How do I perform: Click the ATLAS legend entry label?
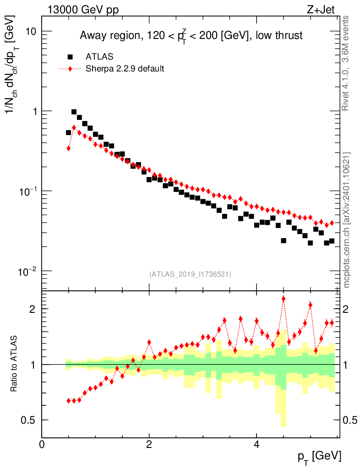[x=99, y=57]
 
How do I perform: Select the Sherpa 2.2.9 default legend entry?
[x=125, y=69]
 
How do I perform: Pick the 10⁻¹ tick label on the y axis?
[x=27, y=191]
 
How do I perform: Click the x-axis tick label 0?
[x=42, y=444]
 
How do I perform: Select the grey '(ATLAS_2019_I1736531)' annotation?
[x=190, y=274]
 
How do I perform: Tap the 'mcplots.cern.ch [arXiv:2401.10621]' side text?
[x=347, y=220]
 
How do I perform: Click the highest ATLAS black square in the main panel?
[x=74, y=112]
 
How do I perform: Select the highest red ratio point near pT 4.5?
[x=284, y=299]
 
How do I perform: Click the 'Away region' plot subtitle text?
[x=191, y=35]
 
